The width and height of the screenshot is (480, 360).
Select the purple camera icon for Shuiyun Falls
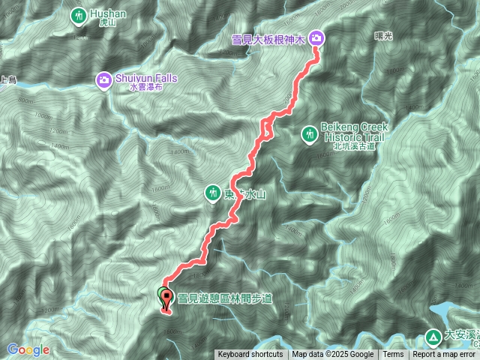point(103,79)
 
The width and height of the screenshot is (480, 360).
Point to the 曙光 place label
point(382,35)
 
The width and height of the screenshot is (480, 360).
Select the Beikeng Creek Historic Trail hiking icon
point(308,134)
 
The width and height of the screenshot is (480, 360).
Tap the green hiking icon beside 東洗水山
point(213,194)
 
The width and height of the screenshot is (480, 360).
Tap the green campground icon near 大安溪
point(433,337)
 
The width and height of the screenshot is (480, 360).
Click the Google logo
point(28,349)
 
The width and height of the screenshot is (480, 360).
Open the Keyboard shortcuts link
point(250,355)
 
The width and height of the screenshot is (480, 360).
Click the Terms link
point(393,355)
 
